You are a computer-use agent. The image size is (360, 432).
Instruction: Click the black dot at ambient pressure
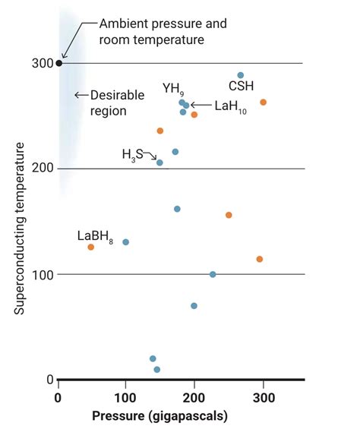59,63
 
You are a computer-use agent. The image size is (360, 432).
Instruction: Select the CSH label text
241,86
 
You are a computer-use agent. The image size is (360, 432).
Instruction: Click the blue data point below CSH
241,75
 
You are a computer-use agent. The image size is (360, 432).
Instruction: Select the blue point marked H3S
159,162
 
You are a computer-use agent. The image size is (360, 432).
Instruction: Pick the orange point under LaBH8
91,247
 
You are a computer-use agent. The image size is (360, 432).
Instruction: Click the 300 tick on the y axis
43,63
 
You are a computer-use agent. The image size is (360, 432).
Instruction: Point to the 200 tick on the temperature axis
43,169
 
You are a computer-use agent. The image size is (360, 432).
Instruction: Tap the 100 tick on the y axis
43,274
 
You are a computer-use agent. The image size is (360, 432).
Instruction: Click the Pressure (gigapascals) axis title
160,417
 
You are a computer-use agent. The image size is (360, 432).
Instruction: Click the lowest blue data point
157,370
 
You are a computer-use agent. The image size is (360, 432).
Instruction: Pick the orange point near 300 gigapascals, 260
264,102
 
